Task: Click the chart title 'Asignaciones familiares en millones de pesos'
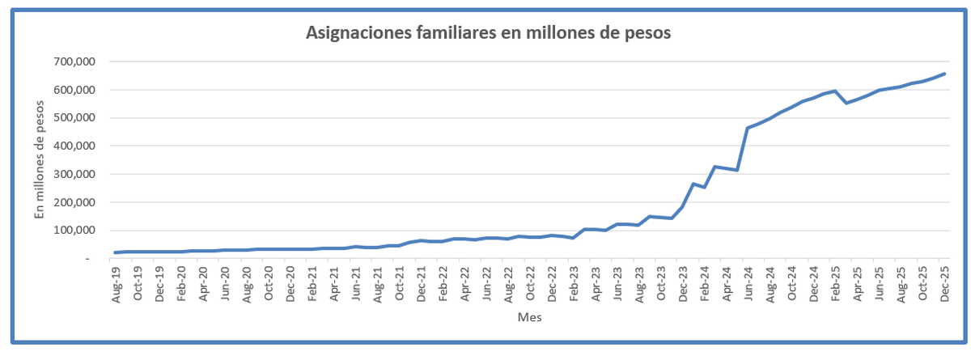click(x=489, y=33)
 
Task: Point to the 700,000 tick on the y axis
click(x=75, y=61)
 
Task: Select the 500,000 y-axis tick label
click(x=75, y=118)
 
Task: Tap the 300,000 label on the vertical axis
click(x=75, y=174)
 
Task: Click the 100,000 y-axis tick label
click(x=75, y=231)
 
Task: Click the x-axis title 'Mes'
click(x=529, y=318)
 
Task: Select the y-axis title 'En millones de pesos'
click(x=38, y=158)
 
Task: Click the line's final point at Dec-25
click(x=944, y=74)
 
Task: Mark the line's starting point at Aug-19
click(x=116, y=252)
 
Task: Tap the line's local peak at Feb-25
click(x=835, y=91)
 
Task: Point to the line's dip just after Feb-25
click(x=846, y=103)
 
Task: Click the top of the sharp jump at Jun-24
click(x=748, y=128)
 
